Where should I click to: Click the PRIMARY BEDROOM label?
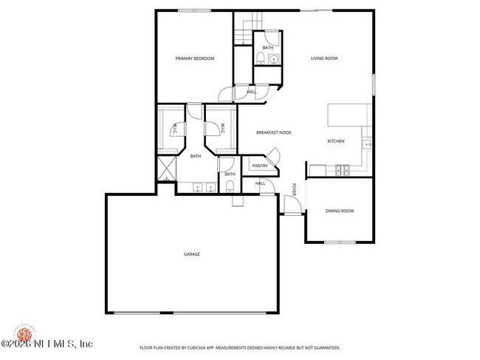[194, 58]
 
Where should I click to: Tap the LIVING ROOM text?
[324, 58]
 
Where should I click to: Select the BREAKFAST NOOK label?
[273, 132]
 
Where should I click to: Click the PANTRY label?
[259, 166]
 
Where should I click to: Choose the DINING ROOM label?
[340, 211]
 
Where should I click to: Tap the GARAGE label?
[192, 254]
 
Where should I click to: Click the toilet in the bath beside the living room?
[261, 58]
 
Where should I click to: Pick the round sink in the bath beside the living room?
[272, 59]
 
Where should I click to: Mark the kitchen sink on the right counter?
[366, 146]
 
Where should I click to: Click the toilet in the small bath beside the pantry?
[229, 185]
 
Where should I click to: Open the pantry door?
[273, 156]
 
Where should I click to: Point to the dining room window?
[340, 242]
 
